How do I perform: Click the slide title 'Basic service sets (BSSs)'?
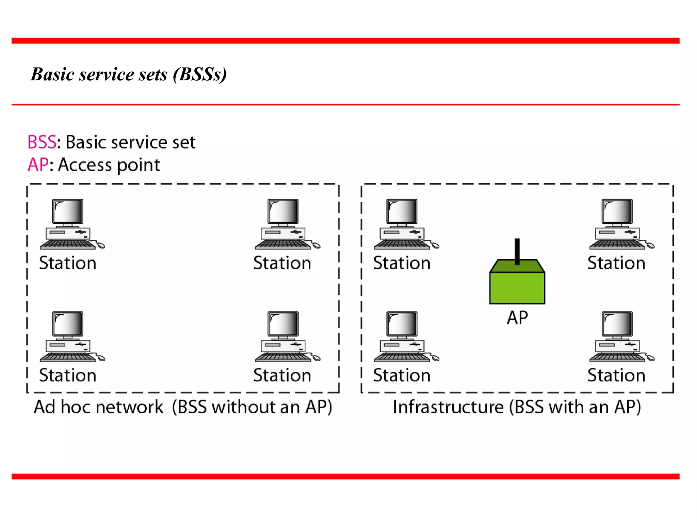129,74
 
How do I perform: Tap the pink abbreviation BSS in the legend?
42,142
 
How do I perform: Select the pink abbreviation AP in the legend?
38,165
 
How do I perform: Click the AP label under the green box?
517,318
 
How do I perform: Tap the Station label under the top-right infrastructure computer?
616,263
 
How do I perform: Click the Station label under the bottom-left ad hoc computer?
68,376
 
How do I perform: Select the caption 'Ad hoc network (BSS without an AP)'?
183,407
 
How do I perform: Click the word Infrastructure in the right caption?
448,407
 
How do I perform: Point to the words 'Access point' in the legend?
109,165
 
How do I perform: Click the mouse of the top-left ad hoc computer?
101,245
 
